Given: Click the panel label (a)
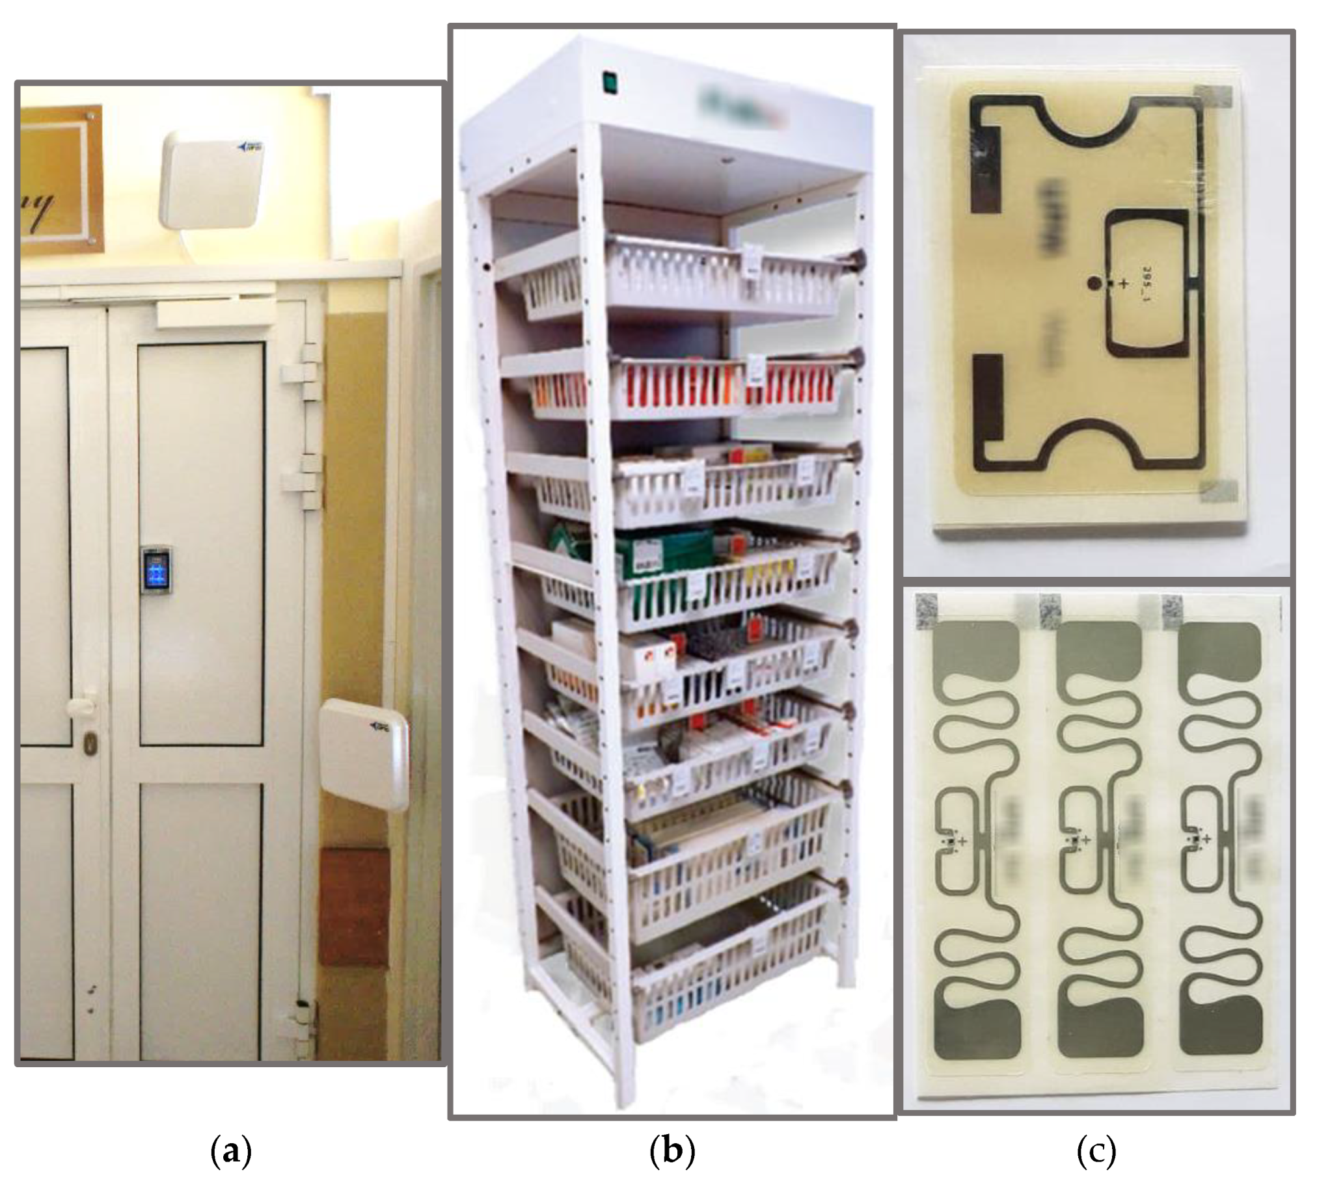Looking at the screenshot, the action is click(231, 1152).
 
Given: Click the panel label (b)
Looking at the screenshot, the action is click(672, 1152).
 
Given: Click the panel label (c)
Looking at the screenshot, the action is click(1096, 1152).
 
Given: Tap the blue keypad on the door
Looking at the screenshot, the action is click(157, 569).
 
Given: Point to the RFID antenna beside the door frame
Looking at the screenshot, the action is click(364, 754).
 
